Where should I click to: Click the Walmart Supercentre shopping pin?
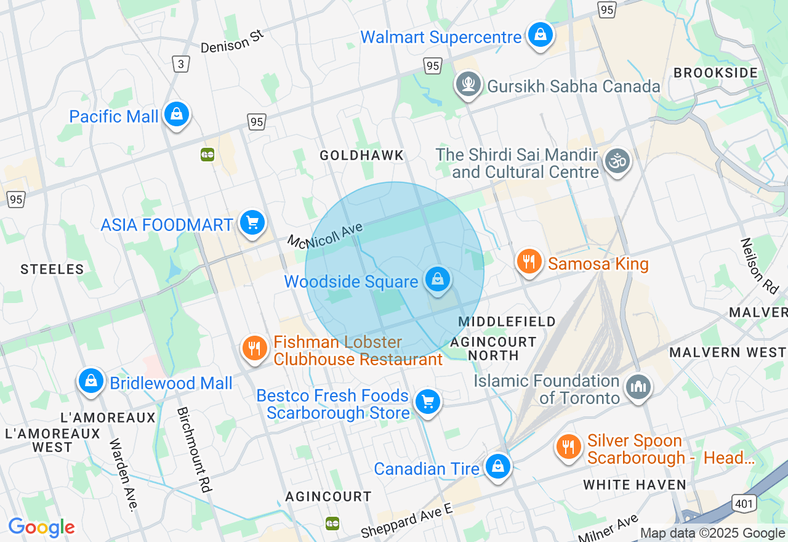(540, 36)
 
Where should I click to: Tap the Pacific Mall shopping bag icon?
(177, 115)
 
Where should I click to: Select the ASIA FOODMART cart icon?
(252, 223)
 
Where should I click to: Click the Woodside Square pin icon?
(438, 280)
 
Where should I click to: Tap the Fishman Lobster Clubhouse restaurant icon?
(254, 349)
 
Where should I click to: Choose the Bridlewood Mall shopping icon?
(91, 381)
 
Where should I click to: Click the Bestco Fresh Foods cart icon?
(427, 402)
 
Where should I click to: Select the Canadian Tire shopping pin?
(497, 467)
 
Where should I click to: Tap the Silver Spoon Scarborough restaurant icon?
(568, 447)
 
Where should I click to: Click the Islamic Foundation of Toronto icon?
(638, 387)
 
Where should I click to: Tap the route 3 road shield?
(180, 64)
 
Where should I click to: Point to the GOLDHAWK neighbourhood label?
(361, 156)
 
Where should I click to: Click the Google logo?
(41, 527)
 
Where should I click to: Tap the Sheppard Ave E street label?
(407, 519)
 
